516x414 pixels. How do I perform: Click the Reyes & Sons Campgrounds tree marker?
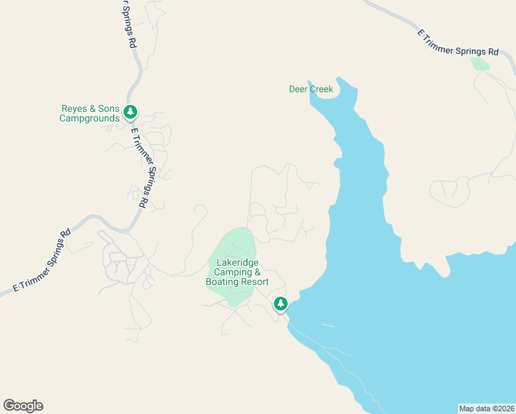pyautogui.click(x=130, y=112)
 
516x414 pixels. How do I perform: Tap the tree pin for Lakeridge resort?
pyautogui.click(x=280, y=303)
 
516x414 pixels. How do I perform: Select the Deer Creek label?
pyautogui.click(x=310, y=89)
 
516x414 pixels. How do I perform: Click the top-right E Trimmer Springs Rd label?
pyautogui.click(x=458, y=42)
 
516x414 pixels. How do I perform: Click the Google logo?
pyautogui.click(x=23, y=406)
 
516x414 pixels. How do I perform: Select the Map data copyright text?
pyautogui.click(x=487, y=408)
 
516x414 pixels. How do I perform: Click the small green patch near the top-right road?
pyautogui.click(x=479, y=64)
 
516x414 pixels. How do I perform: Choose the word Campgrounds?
pyautogui.click(x=89, y=119)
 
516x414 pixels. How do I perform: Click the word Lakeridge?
pyautogui.click(x=237, y=262)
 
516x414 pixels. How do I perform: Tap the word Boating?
pyautogui.click(x=221, y=282)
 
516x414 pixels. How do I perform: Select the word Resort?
pyautogui.click(x=255, y=282)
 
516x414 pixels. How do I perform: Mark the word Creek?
pyautogui.click(x=320, y=89)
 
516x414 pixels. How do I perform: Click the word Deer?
pyautogui.click(x=297, y=89)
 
